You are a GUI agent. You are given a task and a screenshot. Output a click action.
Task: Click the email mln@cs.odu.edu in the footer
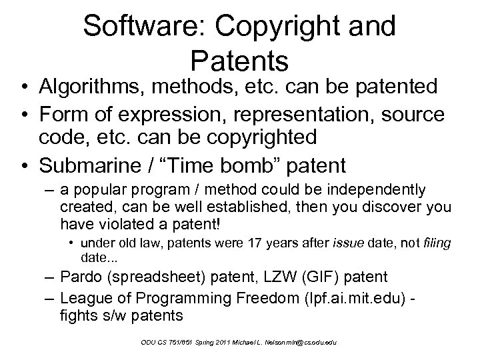click(x=307, y=342)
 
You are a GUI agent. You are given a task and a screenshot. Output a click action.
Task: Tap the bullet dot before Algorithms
click(x=24, y=87)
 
